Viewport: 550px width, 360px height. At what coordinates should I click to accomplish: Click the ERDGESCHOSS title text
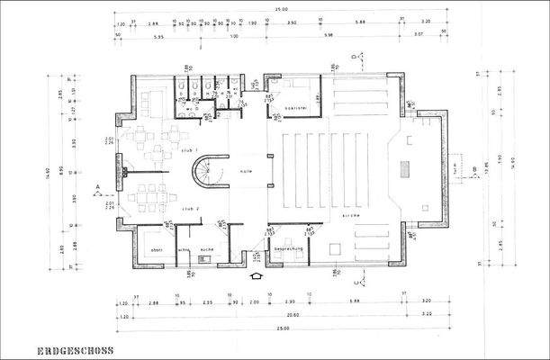pos(76,350)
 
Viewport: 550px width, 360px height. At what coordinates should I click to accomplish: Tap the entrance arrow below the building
pos(256,277)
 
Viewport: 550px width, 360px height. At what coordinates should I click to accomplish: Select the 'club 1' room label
pos(189,150)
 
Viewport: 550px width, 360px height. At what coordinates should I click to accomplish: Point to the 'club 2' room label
pos(189,208)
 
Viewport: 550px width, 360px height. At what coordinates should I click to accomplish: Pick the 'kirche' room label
pos(351,216)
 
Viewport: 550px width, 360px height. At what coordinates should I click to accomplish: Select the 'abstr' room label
pos(155,248)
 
